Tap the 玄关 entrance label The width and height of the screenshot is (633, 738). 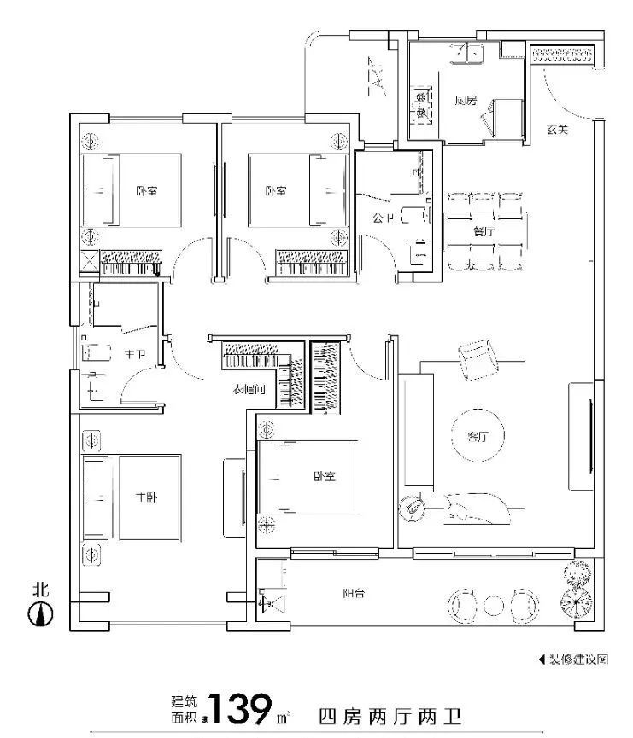557,130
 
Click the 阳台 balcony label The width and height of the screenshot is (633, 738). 354,594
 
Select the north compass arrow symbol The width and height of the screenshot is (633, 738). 40,613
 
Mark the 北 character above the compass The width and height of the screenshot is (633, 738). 39,589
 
